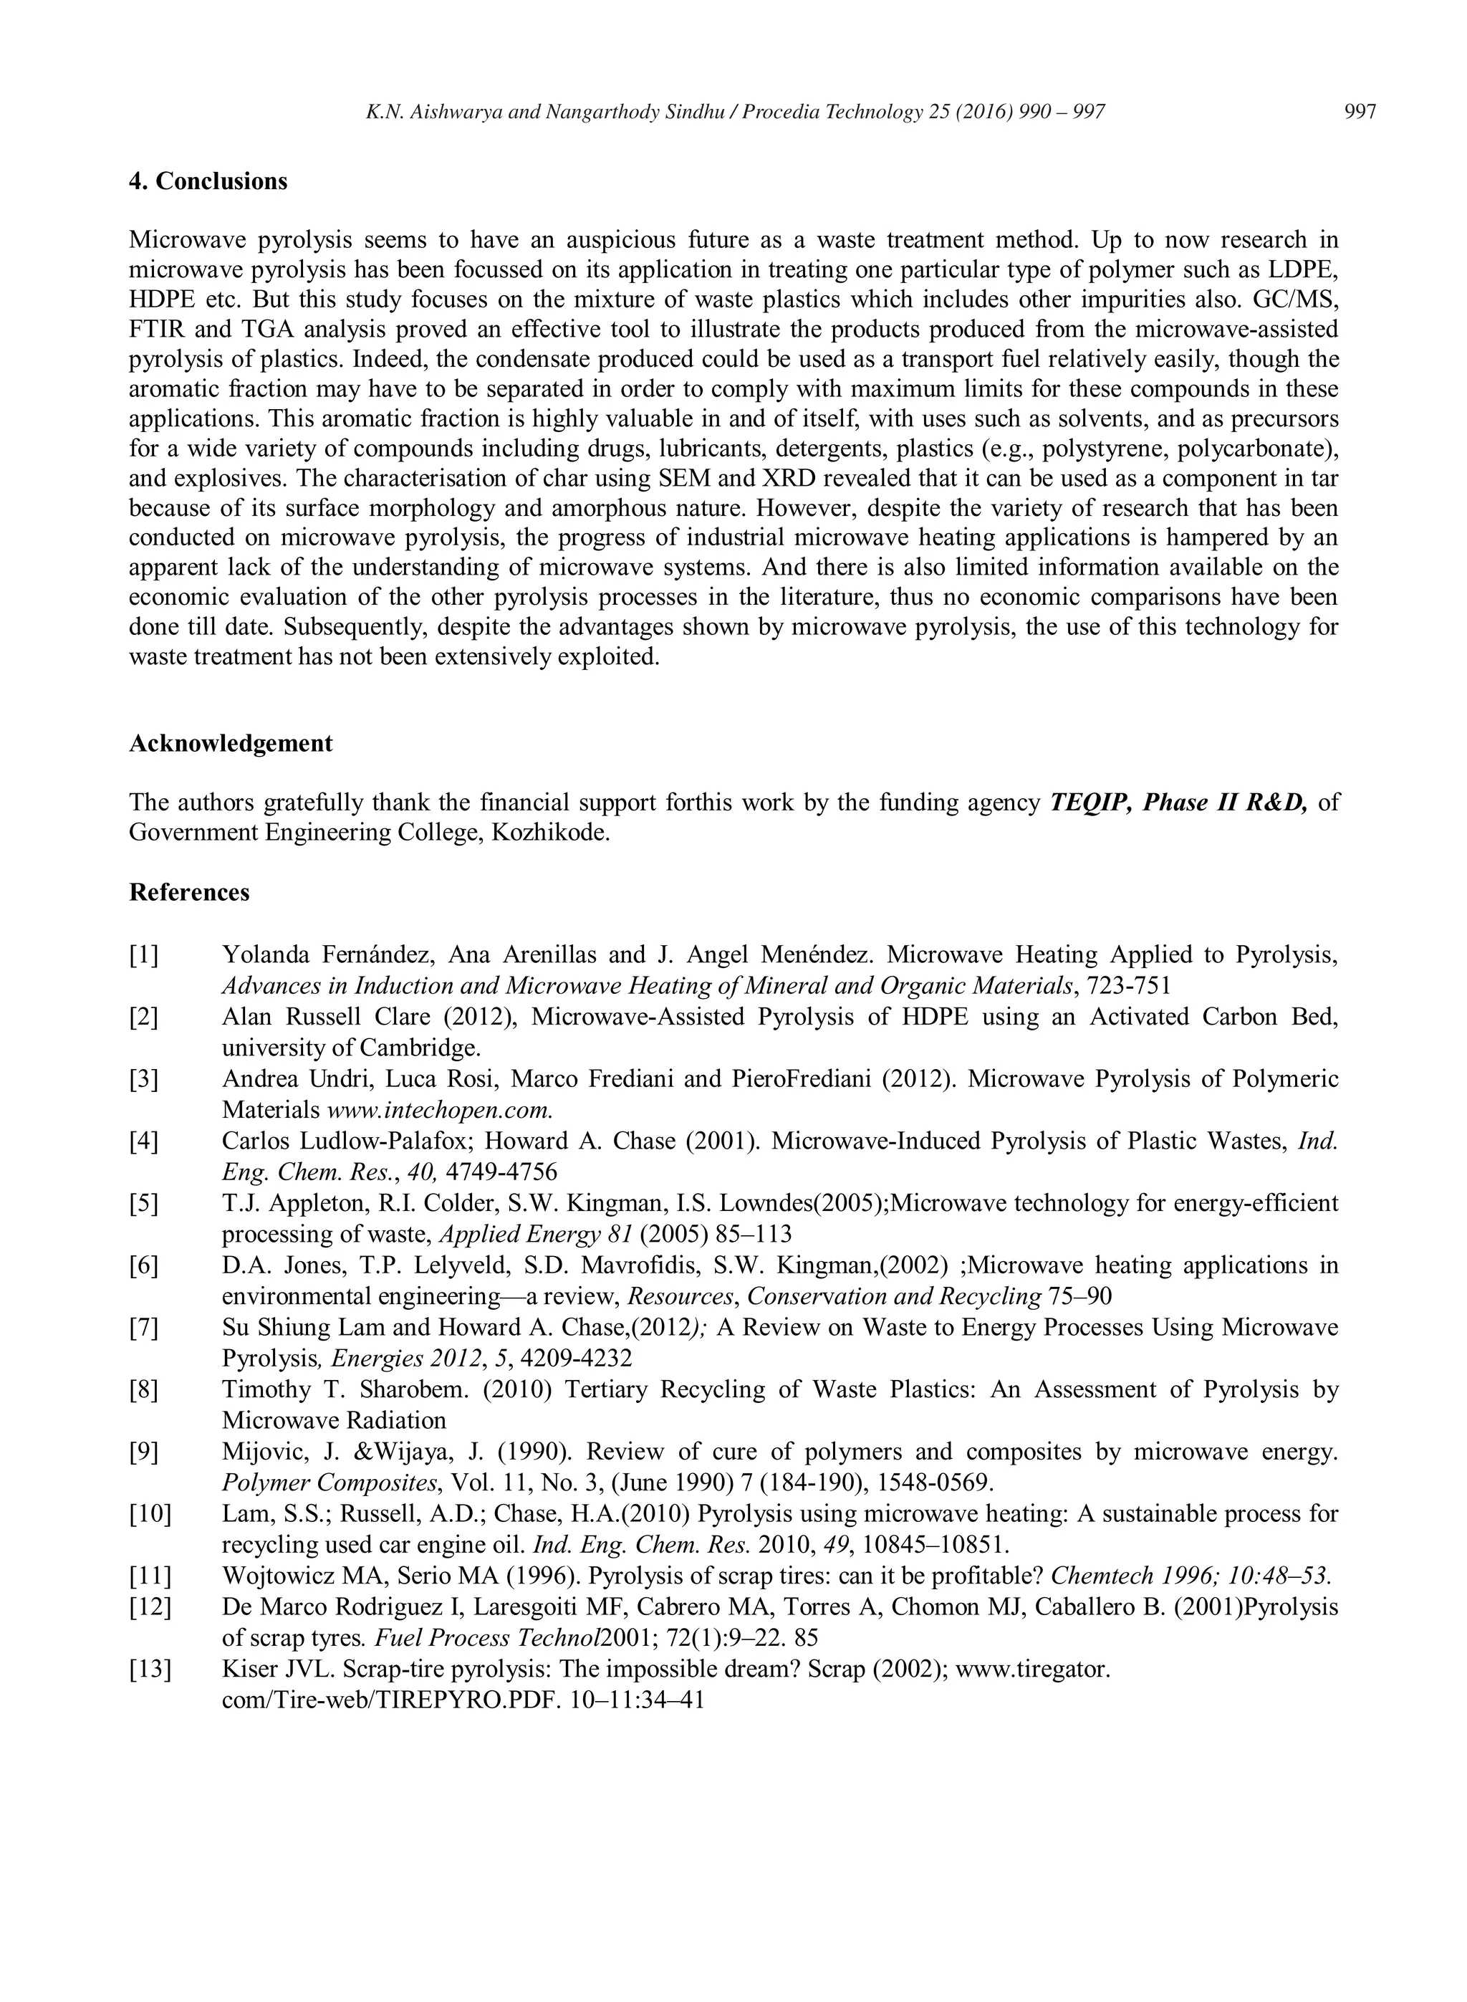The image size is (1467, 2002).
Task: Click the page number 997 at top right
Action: point(1360,112)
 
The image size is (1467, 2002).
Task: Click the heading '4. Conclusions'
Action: point(208,181)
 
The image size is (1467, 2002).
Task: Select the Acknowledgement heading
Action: point(231,744)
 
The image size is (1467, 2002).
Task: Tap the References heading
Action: point(189,892)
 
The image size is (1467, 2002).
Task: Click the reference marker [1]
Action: point(144,956)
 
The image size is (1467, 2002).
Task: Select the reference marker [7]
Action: point(144,1328)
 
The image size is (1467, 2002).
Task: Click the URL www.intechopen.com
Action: point(440,1110)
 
